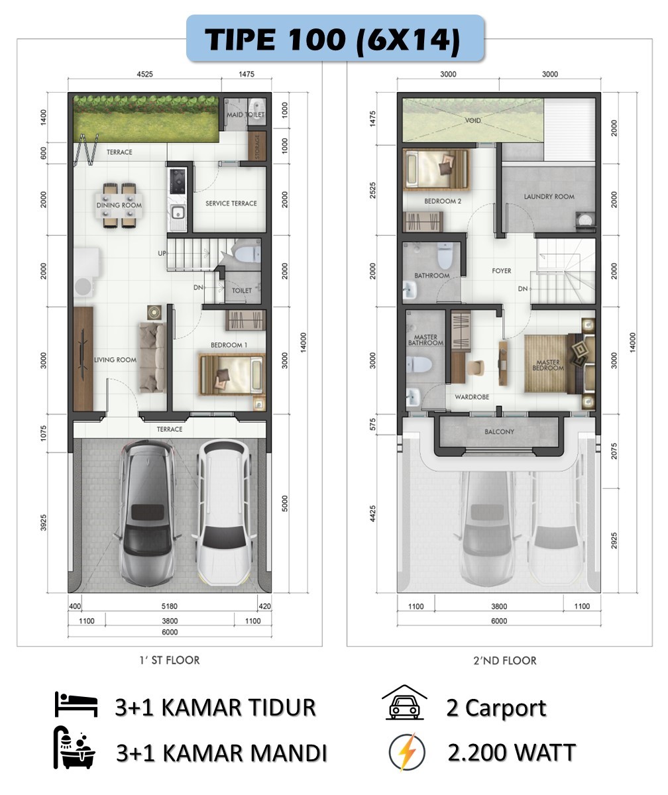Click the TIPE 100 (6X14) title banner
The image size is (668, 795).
pos(335,38)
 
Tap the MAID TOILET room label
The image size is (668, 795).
pos(246,114)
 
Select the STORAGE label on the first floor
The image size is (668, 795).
pos(257,147)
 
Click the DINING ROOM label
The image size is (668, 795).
pos(119,205)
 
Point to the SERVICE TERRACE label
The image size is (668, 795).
pos(231,203)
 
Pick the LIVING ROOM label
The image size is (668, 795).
pos(115,360)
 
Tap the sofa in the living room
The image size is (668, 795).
pos(152,357)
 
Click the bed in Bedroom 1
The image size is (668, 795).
pos(231,375)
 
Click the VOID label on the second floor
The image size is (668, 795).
pos(473,121)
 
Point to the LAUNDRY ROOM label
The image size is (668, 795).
pos(549,197)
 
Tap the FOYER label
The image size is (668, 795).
pos(501,271)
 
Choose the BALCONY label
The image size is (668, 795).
pos(499,431)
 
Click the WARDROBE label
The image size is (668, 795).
pos(472,397)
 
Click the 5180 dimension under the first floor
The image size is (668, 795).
pos(169,606)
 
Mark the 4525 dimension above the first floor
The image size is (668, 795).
pos(144,74)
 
